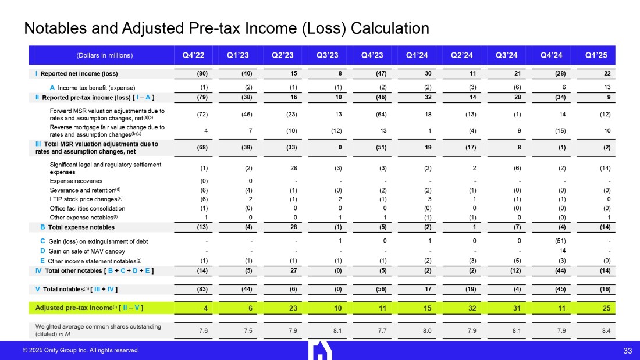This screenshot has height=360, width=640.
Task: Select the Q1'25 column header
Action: point(596,56)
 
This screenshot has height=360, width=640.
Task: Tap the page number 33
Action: point(627,350)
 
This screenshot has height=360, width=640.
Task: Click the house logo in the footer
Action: point(320,350)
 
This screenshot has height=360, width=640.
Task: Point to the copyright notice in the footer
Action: point(81,350)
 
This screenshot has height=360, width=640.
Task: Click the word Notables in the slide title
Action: point(53,28)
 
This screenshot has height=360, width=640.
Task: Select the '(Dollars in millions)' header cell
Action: point(105,56)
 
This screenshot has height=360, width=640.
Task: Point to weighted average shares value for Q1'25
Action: point(596,330)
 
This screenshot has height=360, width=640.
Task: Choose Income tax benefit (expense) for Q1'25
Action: point(596,87)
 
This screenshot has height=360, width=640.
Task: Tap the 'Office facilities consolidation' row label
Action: point(87,208)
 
